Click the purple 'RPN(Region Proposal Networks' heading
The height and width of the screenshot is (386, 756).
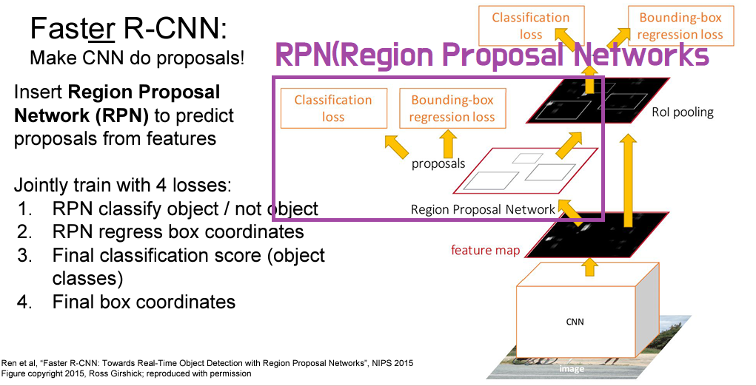pos(492,55)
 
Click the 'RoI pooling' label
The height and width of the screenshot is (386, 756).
pos(683,112)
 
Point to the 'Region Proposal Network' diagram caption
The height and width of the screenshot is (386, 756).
pos(483,209)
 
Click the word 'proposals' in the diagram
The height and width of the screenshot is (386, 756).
pos(438,163)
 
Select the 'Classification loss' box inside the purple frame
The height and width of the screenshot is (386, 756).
pos(333,108)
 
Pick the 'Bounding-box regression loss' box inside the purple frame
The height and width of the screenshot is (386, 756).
pos(452,108)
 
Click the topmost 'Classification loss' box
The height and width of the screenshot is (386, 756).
pos(531,26)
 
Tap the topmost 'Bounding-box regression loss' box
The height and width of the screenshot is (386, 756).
pos(680,26)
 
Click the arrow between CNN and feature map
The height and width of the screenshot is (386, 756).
pos(589,266)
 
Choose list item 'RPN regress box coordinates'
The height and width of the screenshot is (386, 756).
pos(178,231)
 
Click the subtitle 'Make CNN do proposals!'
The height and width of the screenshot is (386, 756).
pos(137,57)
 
